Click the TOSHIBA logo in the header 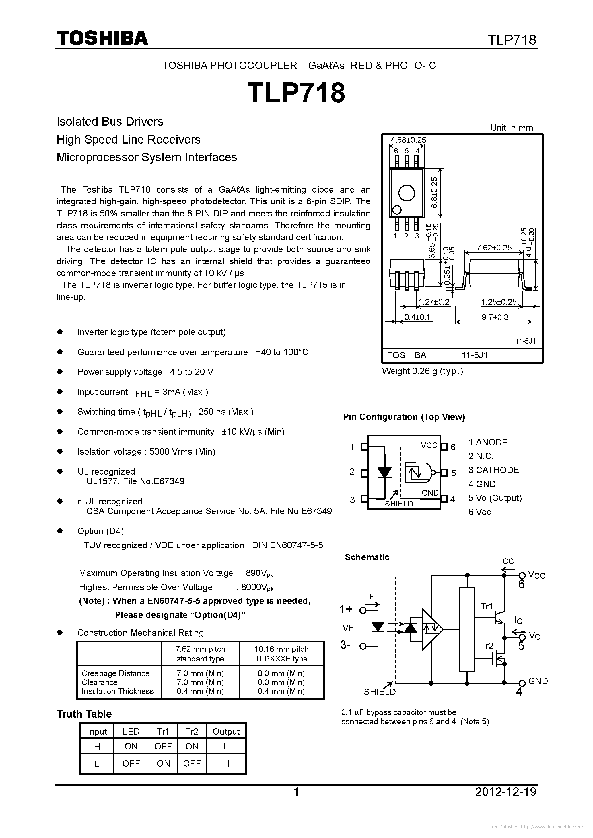[102, 38]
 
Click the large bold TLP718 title [296, 93]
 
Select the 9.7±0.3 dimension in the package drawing [495, 317]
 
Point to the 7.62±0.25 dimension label [494, 248]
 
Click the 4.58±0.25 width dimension [408, 140]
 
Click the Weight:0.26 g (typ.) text [422, 371]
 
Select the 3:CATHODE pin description [493, 470]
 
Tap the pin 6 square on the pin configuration [444, 447]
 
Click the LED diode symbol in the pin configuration [384, 473]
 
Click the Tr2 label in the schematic [487, 646]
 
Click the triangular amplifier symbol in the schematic [431, 629]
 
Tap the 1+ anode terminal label [346, 609]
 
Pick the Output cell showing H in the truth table [226, 763]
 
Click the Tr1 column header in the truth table [163, 731]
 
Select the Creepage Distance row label [115, 673]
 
